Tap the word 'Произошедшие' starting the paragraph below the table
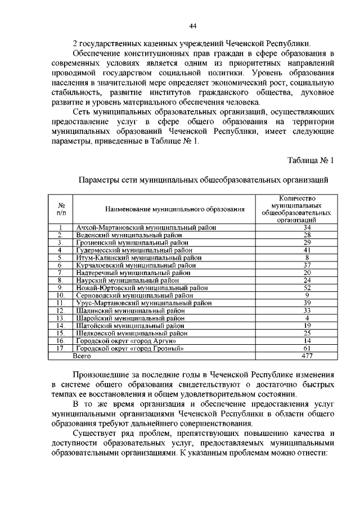click(x=102, y=375)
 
